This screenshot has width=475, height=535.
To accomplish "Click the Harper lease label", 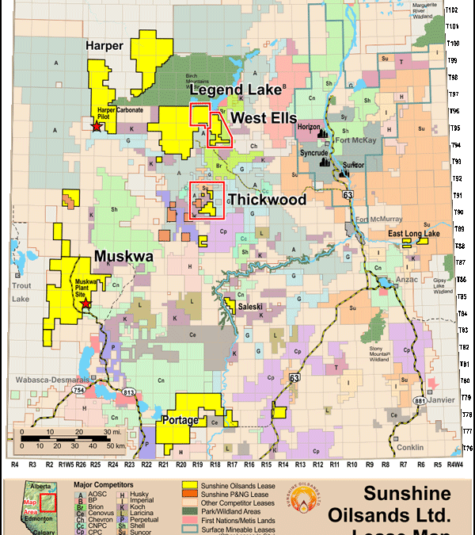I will tap(104, 46).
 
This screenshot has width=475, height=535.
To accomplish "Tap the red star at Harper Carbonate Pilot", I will tap(97, 126).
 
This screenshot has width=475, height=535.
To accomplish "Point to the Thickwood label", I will tap(266, 200).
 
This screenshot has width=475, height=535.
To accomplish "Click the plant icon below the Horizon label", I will tap(325, 136).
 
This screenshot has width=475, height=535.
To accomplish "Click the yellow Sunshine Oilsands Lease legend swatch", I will tap(190, 483).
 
